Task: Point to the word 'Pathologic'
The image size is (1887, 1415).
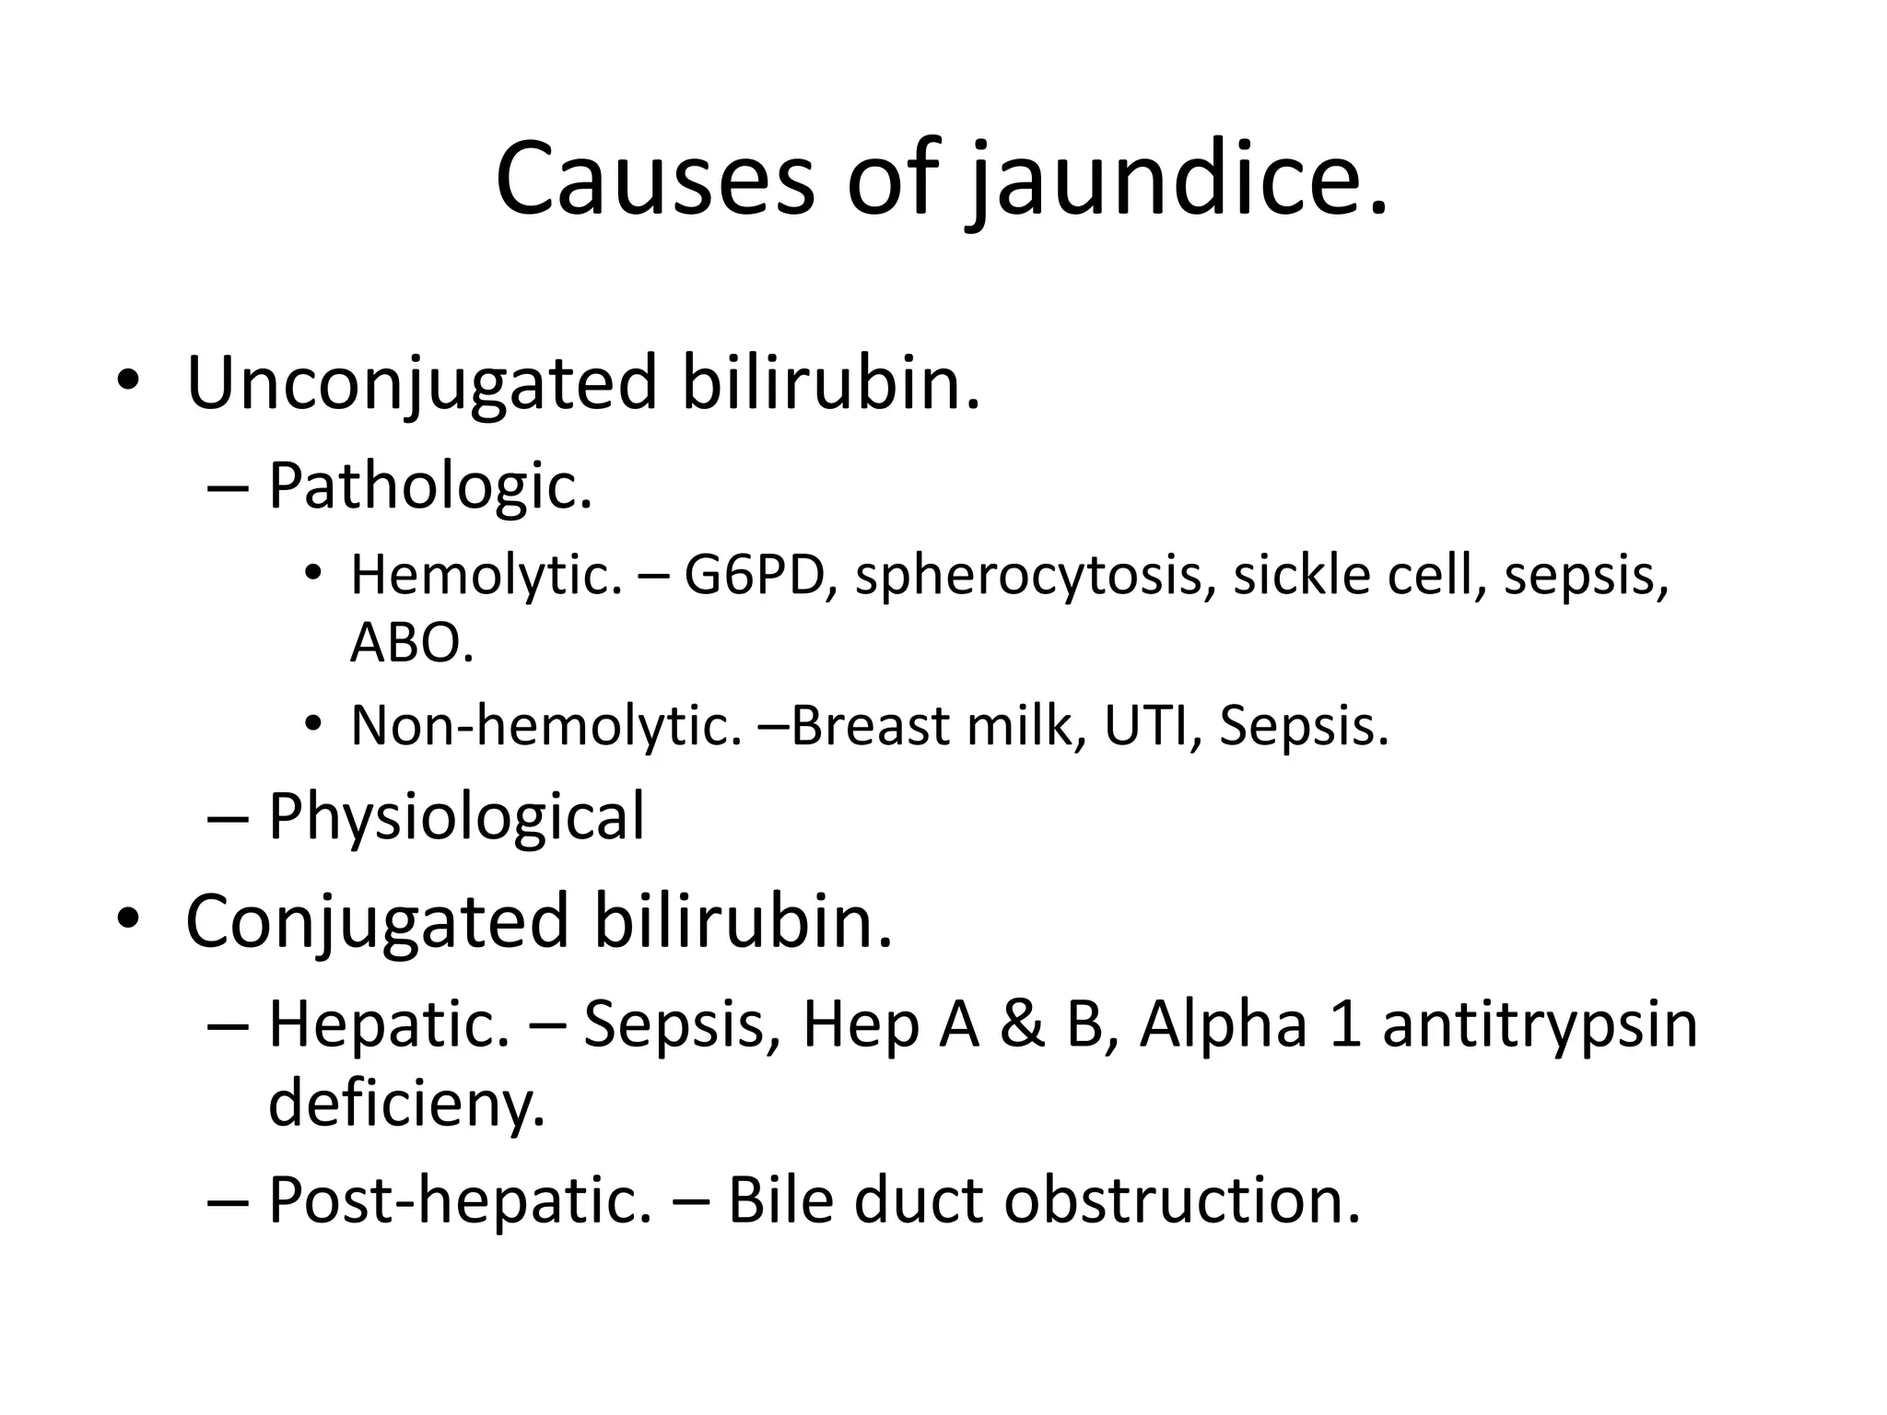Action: tap(429, 485)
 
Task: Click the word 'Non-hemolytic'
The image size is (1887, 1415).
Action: tap(545, 725)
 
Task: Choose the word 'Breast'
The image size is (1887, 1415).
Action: tap(870, 725)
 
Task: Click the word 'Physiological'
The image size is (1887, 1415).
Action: tap(456, 818)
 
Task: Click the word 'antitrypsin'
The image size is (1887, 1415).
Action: tap(1540, 1025)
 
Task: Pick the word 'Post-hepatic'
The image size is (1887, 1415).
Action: tap(459, 1201)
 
